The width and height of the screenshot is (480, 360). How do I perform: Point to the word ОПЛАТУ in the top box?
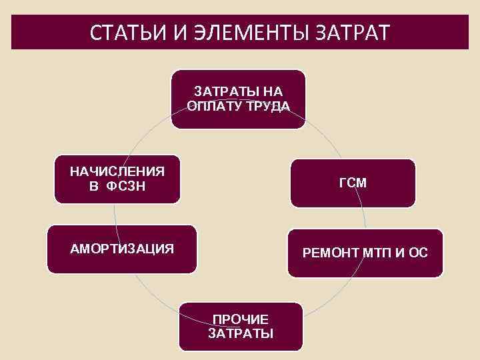click(215, 107)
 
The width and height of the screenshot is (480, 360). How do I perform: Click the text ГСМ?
click(353, 183)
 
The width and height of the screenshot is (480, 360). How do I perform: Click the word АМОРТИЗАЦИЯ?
click(123, 249)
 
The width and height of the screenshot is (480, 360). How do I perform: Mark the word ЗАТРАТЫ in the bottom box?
click(240, 333)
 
